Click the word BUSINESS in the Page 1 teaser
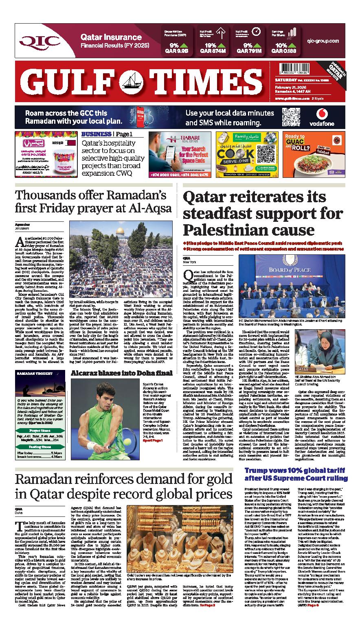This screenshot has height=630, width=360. click(96, 134)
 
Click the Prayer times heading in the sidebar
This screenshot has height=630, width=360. click(40, 430)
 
